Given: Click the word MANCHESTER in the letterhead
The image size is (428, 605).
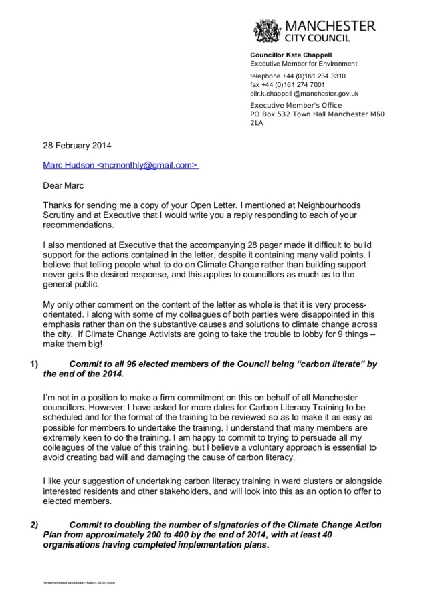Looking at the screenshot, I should (x=330, y=25).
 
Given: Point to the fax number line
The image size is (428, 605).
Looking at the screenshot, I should (x=288, y=85).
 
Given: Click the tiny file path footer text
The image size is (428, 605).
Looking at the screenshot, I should (x=80, y=583).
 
